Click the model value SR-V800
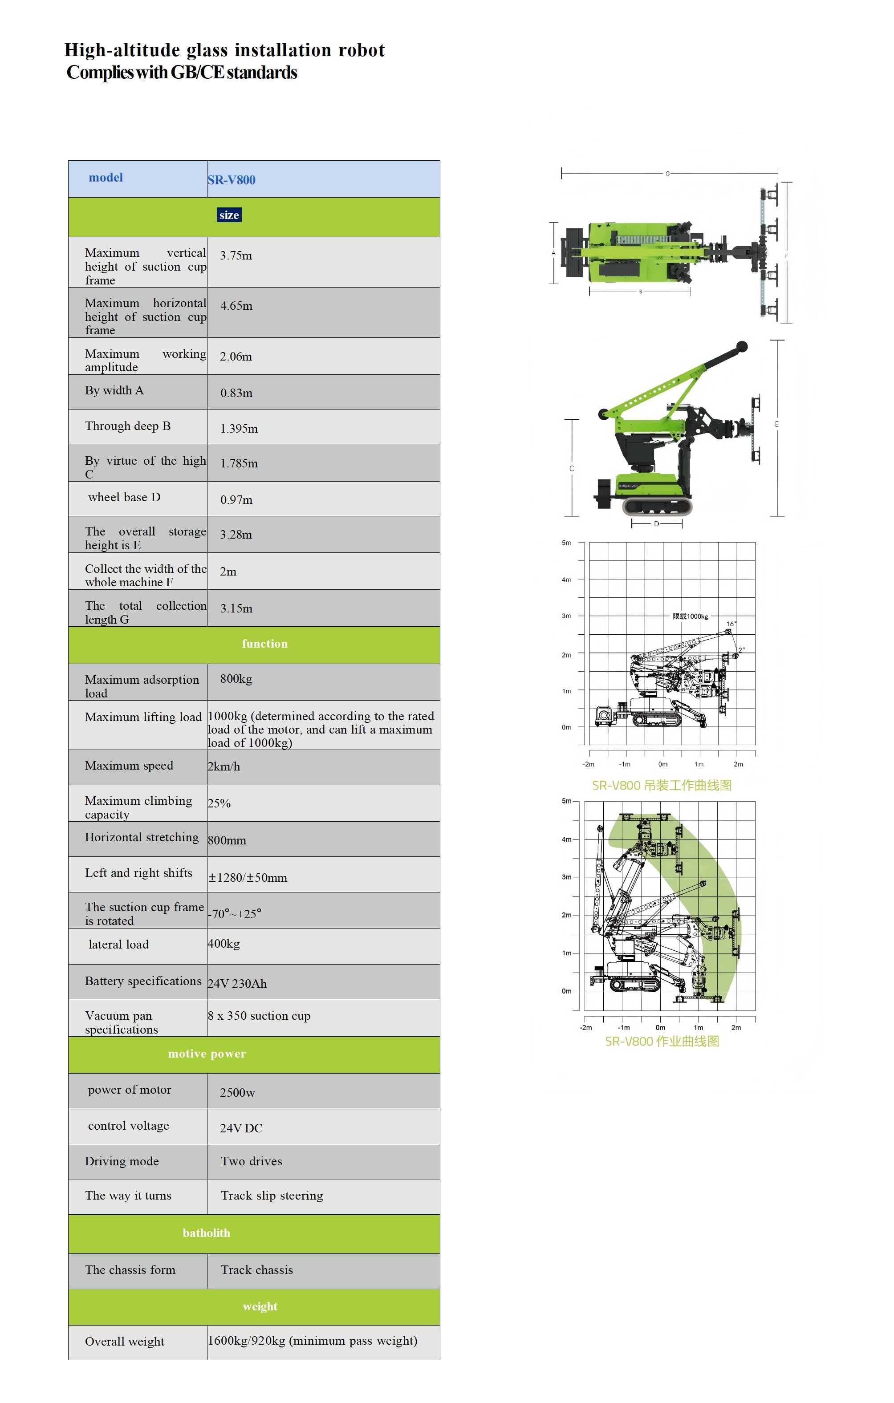pyautogui.click(x=232, y=180)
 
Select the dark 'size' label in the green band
pyautogui.click(x=229, y=215)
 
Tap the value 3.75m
pyautogui.click(x=236, y=256)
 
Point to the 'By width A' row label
pyautogui.click(x=114, y=390)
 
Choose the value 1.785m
pyautogui.click(x=239, y=463)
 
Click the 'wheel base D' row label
pyautogui.click(x=124, y=497)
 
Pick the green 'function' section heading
pyautogui.click(x=264, y=644)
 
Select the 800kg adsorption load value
pyautogui.click(x=236, y=679)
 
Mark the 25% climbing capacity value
pyautogui.click(x=219, y=803)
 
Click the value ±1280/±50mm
pyautogui.click(x=248, y=877)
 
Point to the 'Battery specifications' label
pyautogui.click(x=143, y=981)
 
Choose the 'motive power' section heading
pyautogui.click(x=207, y=1054)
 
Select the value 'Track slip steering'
pyautogui.click(x=272, y=1196)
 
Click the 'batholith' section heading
pyautogui.click(x=206, y=1233)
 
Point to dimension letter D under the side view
pyautogui.click(x=656, y=524)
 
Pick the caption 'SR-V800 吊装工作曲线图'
pyautogui.click(x=662, y=785)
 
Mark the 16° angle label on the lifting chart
pyautogui.click(x=731, y=624)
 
